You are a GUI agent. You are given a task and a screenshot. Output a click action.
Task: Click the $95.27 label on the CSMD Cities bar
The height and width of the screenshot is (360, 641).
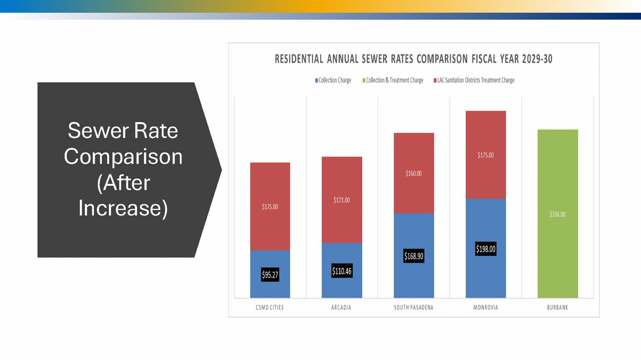coord(270,275)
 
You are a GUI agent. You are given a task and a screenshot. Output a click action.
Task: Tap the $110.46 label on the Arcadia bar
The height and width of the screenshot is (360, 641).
coord(342,271)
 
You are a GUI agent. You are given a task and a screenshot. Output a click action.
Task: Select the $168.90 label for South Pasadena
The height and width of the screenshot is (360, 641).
coord(413,256)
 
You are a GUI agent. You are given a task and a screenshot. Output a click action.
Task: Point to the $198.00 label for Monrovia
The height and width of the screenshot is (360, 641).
coord(485,249)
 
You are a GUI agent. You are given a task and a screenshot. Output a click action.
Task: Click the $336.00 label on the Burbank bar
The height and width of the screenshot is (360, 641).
coord(557,214)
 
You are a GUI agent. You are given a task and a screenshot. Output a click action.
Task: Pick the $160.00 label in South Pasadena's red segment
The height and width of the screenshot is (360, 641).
coord(413,173)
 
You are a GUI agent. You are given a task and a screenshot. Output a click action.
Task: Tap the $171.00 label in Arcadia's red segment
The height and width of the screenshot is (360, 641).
coord(341,200)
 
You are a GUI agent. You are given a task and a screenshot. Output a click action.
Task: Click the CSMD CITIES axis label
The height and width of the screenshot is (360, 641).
coord(270,307)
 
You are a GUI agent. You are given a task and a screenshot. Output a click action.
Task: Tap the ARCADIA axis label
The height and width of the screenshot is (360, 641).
coord(341,307)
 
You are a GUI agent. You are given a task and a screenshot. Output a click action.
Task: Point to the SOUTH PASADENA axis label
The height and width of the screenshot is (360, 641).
coord(413,307)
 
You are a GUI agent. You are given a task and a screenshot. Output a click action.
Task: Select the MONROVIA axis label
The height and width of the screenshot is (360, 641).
coord(485,307)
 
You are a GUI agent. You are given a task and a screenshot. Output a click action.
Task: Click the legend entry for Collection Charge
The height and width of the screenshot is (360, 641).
coord(334,80)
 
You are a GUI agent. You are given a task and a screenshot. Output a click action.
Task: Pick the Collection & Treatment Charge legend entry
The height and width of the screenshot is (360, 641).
coord(393,80)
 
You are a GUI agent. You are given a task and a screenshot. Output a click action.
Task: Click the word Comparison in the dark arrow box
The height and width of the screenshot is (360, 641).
coord(123,156)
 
